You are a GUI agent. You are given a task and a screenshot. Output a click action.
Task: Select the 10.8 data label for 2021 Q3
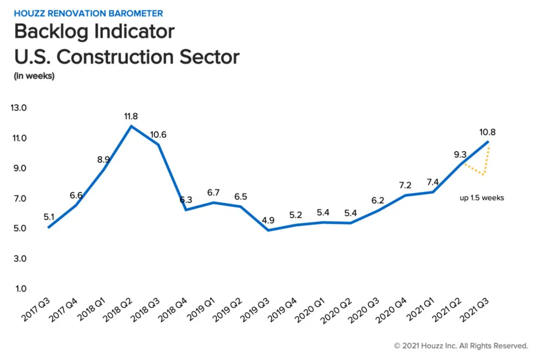click(487, 131)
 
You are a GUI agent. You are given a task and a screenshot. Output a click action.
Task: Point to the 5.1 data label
click(49, 217)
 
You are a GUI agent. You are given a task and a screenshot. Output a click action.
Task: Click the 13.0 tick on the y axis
click(18, 108)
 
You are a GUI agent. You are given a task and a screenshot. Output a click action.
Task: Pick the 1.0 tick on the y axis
click(20, 289)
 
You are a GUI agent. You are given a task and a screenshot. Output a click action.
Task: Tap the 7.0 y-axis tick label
click(20, 199)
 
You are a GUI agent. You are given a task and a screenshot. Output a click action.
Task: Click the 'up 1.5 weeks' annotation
click(482, 198)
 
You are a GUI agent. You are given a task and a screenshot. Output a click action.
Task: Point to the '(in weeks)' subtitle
click(34, 76)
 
